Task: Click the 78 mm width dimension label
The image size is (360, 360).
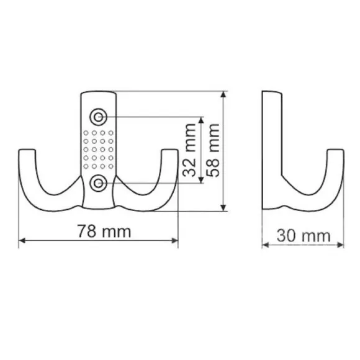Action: click(104, 231)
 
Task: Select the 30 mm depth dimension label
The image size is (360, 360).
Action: click(304, 236)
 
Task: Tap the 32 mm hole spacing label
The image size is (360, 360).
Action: click(190, 150)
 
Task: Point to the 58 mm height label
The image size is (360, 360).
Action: click(213, 150)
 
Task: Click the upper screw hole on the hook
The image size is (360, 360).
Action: click(98, 117)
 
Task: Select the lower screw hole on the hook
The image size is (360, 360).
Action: click(98, 183)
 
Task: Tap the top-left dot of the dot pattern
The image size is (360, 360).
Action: click(86, 133)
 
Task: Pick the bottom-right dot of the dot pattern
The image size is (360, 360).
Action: click(111, 166)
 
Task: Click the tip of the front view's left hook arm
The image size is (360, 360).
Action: click(27, 150)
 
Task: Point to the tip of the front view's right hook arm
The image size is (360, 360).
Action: click(170, 150)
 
